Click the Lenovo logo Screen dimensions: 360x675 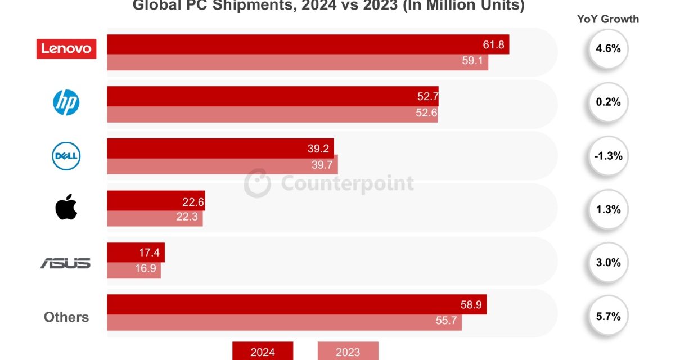(66, 48)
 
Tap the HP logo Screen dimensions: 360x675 (66, 103)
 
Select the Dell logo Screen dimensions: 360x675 (66, 156)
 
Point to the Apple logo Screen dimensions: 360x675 (66, 208)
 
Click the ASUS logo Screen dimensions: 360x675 (65, 263)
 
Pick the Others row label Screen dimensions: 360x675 (66, 317)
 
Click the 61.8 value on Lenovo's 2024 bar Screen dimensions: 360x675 (493, 44)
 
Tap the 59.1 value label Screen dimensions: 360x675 (473, 61)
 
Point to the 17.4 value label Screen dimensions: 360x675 (149, 253)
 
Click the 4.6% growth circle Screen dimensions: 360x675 (608, 49)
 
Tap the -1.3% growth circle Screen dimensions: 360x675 (608, 156)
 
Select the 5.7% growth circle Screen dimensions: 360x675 (608, 317)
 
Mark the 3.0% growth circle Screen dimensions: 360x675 (608, 263)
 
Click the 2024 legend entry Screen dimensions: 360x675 (263, 352)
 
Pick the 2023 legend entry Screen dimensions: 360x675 (348, 352)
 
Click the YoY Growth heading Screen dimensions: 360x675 (608, 19)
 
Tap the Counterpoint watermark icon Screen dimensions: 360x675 (256, 183)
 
